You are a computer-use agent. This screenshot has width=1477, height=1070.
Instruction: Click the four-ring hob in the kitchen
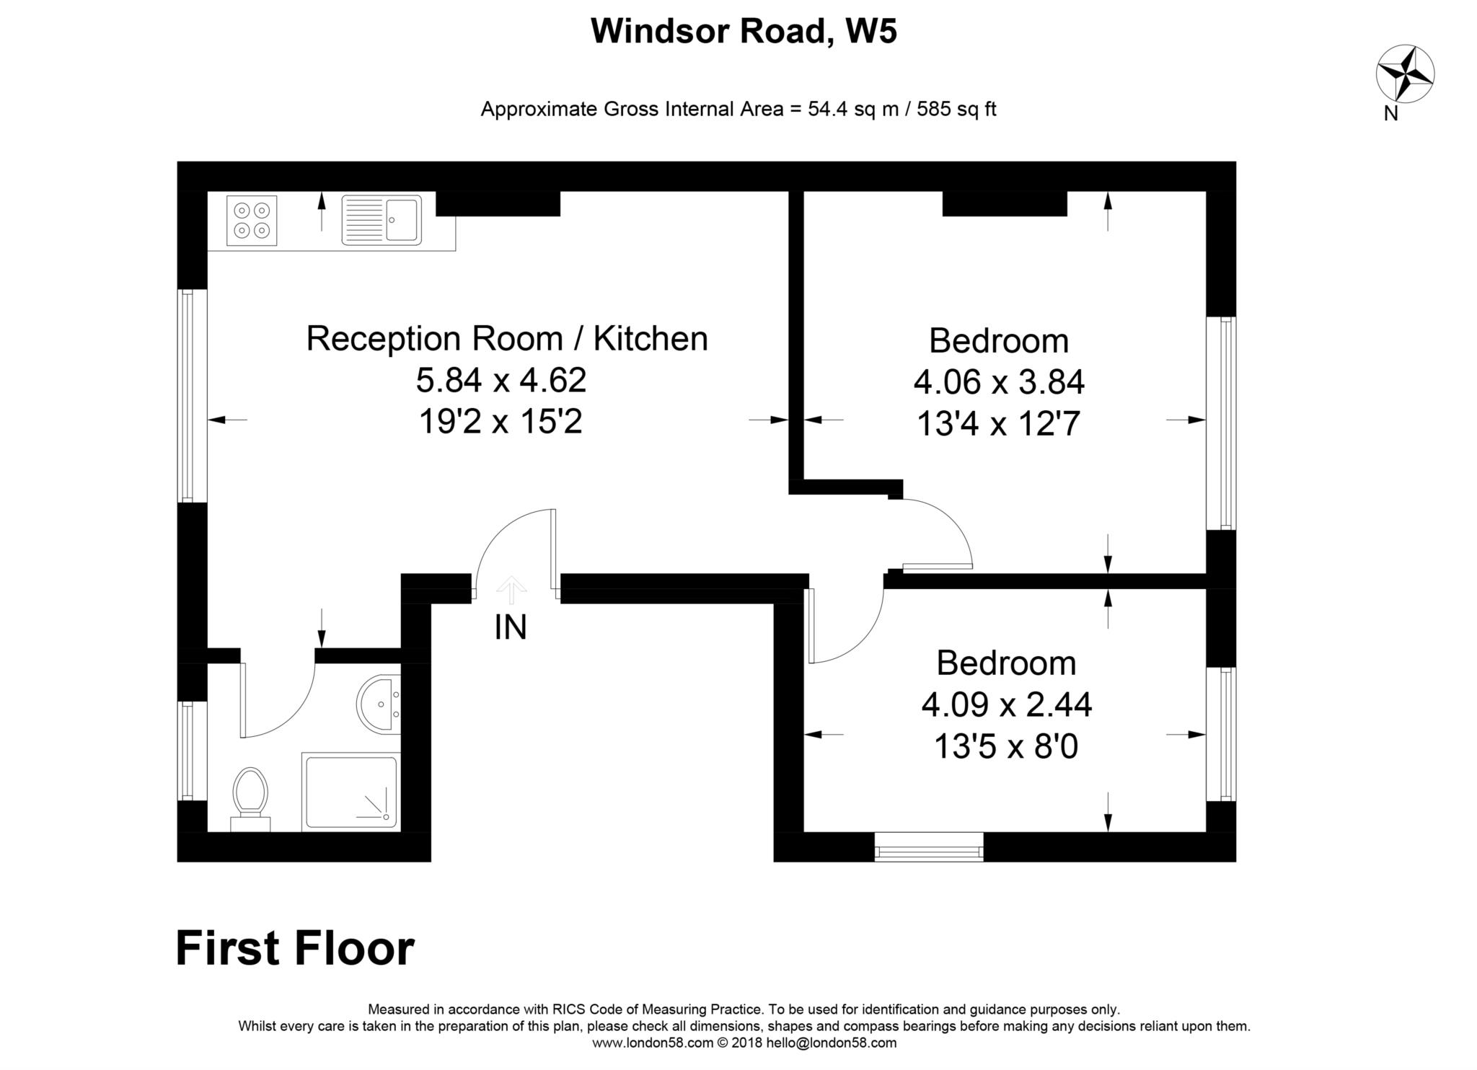252,220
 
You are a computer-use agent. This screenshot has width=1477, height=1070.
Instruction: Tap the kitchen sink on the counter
382,220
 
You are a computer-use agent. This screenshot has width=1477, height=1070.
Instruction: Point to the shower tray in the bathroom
350,792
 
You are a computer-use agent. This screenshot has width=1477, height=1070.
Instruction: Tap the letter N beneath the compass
1391,114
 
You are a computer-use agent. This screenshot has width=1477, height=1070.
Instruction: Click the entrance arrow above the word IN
511,589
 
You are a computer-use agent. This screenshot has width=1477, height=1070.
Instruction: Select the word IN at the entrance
511,627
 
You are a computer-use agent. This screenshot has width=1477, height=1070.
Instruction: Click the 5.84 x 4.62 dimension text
501,380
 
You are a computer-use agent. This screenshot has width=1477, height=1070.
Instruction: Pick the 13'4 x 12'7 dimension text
998,423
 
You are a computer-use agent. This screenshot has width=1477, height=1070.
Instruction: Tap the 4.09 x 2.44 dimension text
1006,704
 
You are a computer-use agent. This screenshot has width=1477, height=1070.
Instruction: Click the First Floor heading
295,948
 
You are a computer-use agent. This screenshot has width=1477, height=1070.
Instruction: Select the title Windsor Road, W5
744,31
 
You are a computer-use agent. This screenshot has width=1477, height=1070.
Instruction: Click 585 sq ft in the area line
956,109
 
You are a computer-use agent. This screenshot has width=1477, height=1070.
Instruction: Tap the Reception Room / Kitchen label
507,338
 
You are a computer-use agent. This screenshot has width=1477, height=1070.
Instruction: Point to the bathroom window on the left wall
188,751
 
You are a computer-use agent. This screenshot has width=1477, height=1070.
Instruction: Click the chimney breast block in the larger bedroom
1004,203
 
